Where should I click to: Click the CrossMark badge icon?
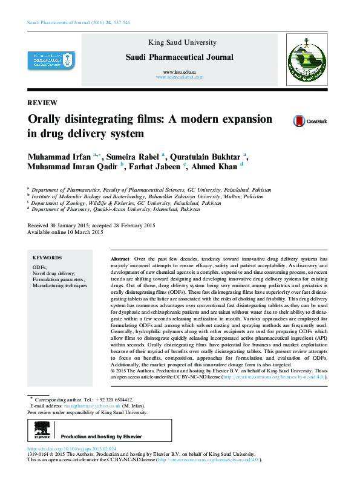point(299,121)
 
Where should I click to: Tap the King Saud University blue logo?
point(50,60)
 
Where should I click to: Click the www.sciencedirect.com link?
point(179,77)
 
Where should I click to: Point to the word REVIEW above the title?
point(42,102)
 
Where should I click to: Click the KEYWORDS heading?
point(47,258)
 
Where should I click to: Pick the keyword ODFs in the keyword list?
point(39,267)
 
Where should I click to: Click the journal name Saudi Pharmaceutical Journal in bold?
point(179,57)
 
